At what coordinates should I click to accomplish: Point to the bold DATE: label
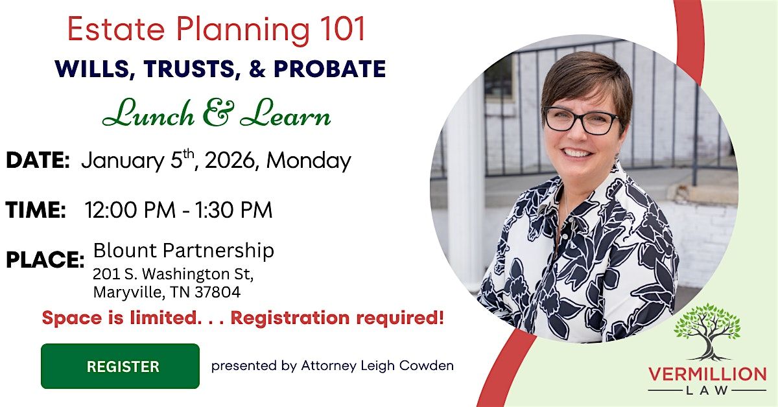(x=38, y=161)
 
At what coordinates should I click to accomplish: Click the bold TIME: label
(x=36, y=210)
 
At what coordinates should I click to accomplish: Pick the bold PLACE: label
(x=45, y=260)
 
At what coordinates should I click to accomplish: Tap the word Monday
(x=309, y=161)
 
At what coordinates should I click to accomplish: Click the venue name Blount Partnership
(x=183, y=250)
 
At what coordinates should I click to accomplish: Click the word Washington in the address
(x=183, y=273)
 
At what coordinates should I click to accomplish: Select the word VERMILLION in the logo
(x=707, y=375)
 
